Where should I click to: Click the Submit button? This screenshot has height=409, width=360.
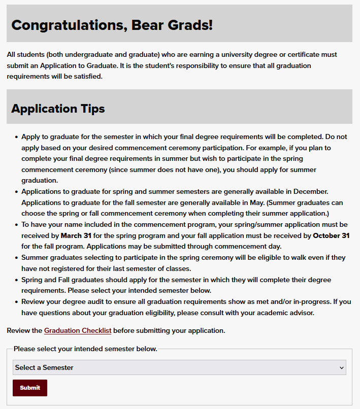(30, 388)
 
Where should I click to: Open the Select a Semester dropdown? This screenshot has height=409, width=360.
(179, 367)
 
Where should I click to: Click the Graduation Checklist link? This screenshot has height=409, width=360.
(78, 330)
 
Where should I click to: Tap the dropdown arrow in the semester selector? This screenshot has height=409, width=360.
(341, 367)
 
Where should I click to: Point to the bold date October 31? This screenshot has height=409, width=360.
(331, 235)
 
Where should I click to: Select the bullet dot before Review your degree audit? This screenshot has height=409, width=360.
(17, 301)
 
